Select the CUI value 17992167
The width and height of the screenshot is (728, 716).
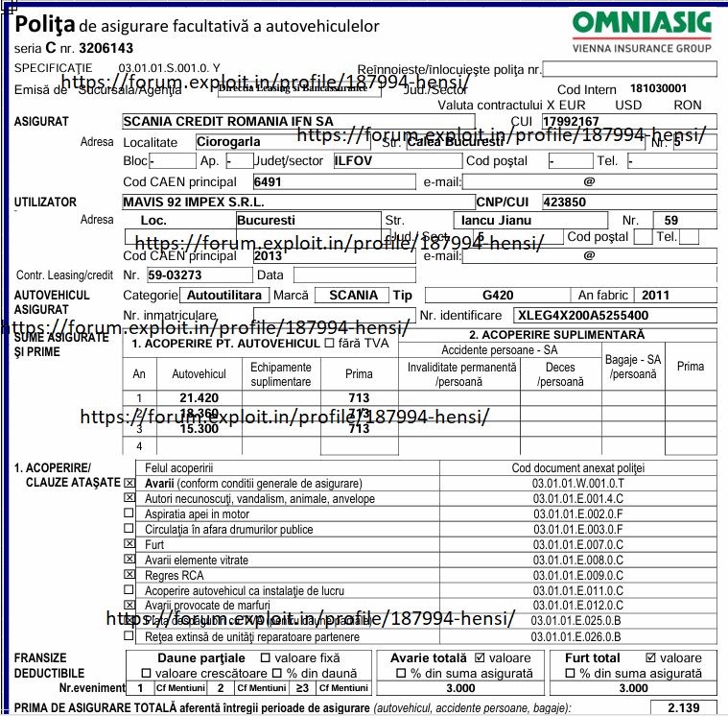[x=570, y=122]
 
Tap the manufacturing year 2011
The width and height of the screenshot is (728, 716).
[x=656, y=295]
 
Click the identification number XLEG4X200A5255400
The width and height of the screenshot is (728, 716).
[x=582, y=315]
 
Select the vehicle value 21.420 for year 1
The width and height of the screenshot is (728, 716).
[x=200, y=397]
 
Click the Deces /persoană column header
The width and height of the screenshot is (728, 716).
[x=560, y=374]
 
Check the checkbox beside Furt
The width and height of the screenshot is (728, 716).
[x=129, y=543]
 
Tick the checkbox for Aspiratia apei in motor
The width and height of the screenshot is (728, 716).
[x=129, y=513]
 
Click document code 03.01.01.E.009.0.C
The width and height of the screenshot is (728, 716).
[x=577, y=575]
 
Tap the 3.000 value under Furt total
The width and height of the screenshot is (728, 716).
[x=633, y=688]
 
